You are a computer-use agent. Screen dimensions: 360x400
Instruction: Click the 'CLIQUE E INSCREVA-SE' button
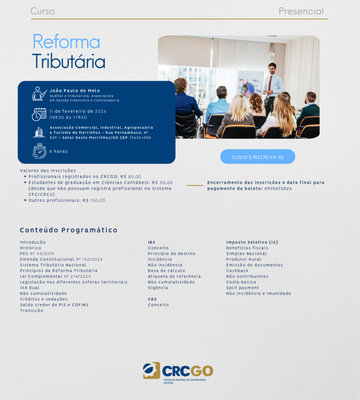pos(258,157)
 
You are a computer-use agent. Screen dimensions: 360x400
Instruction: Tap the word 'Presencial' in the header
pos(301,11)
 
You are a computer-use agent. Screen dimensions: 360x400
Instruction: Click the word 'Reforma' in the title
pos(66,41)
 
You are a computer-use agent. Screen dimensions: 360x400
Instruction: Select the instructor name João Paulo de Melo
pos(75,91)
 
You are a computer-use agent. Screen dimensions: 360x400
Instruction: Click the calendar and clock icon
pos(39,114)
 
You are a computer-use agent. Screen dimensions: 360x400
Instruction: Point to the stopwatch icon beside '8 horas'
pos(39,151)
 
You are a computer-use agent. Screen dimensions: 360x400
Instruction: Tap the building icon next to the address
pos(39,132)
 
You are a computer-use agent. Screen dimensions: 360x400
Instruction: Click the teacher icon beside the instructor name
pos(39,94)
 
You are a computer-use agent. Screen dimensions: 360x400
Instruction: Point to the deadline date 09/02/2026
pos(278,189)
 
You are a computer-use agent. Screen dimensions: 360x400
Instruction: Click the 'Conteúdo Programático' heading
pos(69,230)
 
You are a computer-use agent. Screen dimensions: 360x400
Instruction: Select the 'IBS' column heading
pos(152,242)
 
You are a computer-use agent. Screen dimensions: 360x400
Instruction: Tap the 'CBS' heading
pos(152,299)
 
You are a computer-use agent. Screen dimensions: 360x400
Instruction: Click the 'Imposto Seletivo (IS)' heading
pos(252,242)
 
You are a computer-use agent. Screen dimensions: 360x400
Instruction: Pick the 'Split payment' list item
pos(243,288)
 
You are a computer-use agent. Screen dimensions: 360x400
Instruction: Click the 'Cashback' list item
pos(237,271)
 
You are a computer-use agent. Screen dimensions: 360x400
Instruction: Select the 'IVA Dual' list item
pos(30,288)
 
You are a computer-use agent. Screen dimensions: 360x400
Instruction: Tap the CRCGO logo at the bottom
pos(178,372)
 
